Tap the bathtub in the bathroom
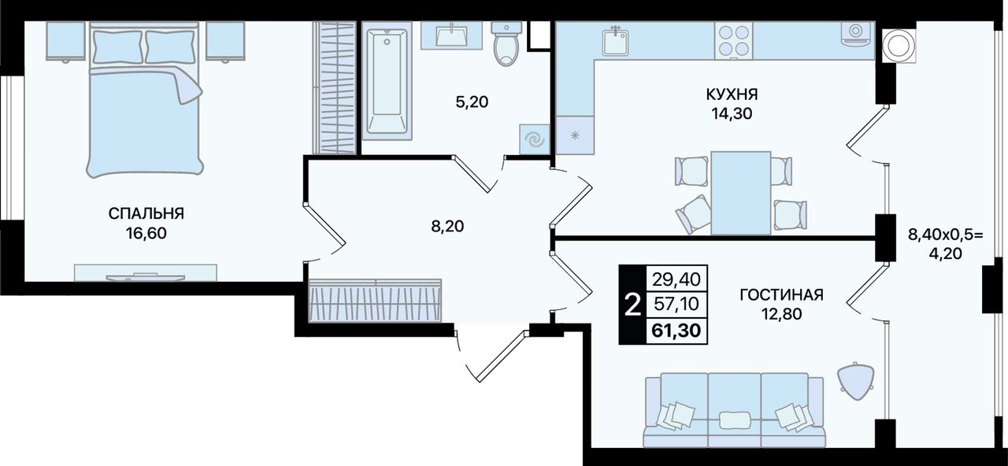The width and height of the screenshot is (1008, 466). pos(387,81)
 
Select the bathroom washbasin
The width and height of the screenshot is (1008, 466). pos(451,35)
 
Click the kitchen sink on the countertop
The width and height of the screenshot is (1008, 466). pos(616,40)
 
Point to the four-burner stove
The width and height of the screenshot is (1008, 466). pos(734,40)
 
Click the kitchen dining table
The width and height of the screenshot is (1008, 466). pos(741,193)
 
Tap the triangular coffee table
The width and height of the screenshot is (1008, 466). pos(855,381)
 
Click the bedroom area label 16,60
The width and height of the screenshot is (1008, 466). pos(146,234)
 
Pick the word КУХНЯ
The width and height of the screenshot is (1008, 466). pos(732,94)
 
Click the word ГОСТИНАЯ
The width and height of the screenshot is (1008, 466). pos(782,295)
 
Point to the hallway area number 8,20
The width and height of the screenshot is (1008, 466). pos(447,226)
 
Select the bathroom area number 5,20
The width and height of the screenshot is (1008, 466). pos(472,102)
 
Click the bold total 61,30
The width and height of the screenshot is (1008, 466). pos(676,331)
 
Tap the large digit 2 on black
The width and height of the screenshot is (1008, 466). pos(633,305)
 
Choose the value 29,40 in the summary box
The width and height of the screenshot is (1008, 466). pos(676,279)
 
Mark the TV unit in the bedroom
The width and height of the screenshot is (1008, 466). pos(146,273)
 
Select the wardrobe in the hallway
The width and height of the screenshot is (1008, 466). pos(376,301)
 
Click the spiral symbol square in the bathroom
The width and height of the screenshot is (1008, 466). pos(535,139)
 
